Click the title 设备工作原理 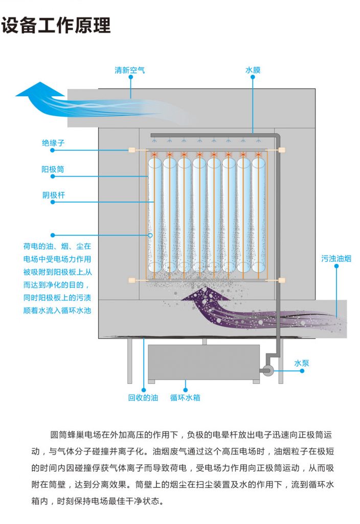click(x=56, y=25)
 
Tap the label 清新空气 click(x=130, y=70)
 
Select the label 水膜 click(x=253, y=70)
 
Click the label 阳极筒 click(x=53, y=169)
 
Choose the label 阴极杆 click(x=53, y=195)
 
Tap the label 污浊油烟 click(x=336, y=258)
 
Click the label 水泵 click(x=302, y=363)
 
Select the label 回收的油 click(x=143, y=397)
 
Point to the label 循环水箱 click(x=185, y=397)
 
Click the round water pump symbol click(x=266, y=370)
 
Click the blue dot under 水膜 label click(x=253, y=77)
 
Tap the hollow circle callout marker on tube click(x=150, y=236)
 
